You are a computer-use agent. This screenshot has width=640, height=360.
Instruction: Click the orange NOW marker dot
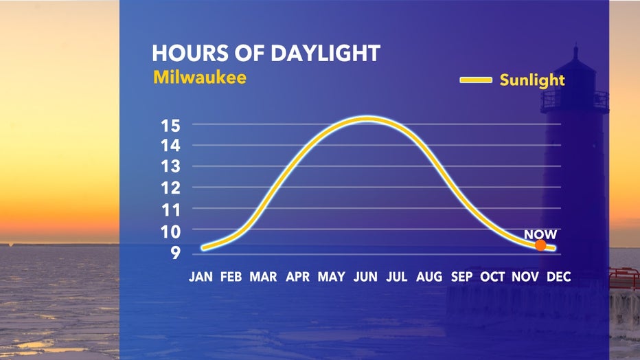[540, 245]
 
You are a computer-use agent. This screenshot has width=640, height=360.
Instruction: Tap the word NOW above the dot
[540, 234]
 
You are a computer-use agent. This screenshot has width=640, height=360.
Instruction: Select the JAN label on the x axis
[201, 277]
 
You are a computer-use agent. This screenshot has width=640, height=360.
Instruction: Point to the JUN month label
[365, 277]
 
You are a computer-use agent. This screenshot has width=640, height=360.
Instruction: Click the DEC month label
[558, 277]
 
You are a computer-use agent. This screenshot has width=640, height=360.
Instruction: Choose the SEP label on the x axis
[461, 277]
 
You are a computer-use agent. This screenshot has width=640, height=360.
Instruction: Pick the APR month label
[297, 277]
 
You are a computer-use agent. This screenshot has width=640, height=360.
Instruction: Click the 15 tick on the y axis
[170, 126]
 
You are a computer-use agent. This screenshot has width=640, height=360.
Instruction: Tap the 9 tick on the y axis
[176, 253]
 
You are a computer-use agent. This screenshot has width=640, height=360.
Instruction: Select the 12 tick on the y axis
[170, 188]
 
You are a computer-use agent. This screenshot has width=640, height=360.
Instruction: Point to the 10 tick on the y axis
[170, 232]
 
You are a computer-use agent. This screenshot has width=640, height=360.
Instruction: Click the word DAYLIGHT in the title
[325, 54]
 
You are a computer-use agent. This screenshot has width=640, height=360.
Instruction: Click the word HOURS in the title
[190, 54]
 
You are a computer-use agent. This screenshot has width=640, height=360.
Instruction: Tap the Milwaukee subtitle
[200, 77]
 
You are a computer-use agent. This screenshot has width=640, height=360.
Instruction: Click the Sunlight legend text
[532, 80]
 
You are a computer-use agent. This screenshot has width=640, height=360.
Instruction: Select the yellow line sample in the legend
[476, 80]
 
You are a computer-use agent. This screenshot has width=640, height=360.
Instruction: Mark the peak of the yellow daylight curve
[367, 119]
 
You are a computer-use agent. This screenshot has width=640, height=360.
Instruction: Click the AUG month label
[429, 277]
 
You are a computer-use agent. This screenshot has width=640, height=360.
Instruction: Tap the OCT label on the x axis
[492, 277]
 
